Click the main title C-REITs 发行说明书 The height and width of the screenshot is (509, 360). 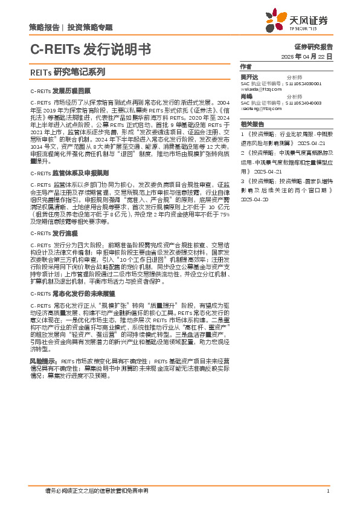coord(90,49)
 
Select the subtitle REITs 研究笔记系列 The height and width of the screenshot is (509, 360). coord(67,71)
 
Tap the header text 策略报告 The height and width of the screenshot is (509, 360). coord(43,28)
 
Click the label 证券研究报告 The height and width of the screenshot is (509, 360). coord(313,47)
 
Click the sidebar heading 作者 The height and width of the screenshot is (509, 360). coord(245,66)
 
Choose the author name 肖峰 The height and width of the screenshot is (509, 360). coord(246,97)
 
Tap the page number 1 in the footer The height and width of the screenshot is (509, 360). coord(327,491)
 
